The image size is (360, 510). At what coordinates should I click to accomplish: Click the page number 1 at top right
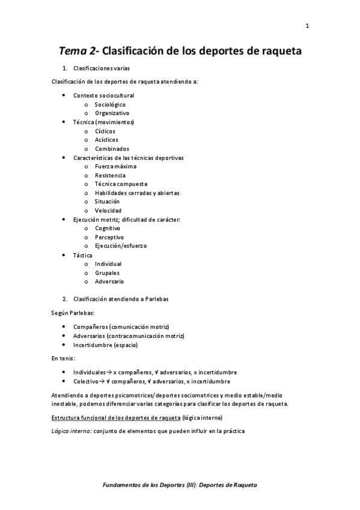click(x=307, y=26)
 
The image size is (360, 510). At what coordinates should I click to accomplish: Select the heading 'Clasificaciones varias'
click(x=100, y=69)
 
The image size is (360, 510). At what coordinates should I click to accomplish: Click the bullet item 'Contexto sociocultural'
click(x=103, y=96)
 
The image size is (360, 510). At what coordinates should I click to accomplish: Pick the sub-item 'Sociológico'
click(x=110, y=105)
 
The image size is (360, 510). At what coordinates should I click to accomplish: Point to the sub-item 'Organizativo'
click(x=112, y=113)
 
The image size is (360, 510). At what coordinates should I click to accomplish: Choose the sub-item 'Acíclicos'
click(x=106, y=140)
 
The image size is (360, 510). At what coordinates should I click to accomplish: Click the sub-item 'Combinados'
click(x=112, y=149)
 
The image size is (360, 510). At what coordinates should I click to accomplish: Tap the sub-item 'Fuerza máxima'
click(x=115, y=166)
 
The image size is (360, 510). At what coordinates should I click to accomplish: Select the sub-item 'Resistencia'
click(x=110, y=175)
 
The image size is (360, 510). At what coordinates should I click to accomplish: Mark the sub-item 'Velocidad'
click(x=108, y=210)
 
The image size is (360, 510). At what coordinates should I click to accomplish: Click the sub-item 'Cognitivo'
click(x=108, y=228)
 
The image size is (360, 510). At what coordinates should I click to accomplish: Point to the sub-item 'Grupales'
click(x=107, y=272)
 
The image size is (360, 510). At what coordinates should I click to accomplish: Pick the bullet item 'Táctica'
click(x=83, y=255)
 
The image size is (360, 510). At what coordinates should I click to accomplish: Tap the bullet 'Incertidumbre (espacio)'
click(x=105, y=345)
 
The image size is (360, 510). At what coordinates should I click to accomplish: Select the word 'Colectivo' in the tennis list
click(x=87, y=381)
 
